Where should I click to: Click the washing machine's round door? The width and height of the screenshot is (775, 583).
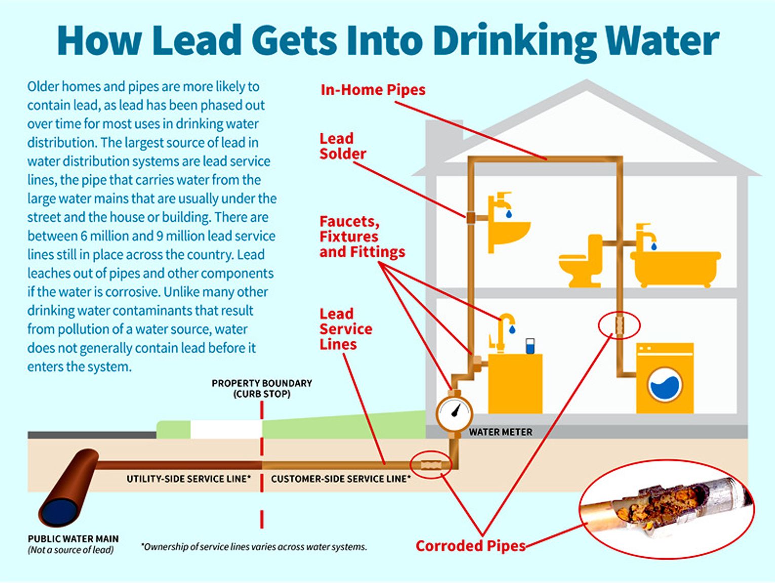(665, 386)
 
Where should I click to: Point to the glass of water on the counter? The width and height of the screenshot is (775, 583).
(530, 346)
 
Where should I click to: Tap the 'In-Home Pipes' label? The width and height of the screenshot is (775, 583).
(373, 90)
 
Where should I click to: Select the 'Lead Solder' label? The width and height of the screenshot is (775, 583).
(342, 146)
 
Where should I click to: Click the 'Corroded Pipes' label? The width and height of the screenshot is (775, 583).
(471, 546)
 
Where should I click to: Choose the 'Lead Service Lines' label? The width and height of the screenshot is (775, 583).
(345, 329)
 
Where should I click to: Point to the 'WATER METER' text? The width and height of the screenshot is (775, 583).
(500, 432)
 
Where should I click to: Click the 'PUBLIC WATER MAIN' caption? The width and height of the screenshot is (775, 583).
(73, 539)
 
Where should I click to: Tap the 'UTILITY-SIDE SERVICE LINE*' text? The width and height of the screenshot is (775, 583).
(188, 479)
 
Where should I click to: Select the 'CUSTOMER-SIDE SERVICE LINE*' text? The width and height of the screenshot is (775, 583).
(341, 479)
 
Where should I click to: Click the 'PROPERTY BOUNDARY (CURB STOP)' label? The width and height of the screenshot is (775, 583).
(262, 388)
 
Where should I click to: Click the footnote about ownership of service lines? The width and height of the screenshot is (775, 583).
(254, 547)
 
